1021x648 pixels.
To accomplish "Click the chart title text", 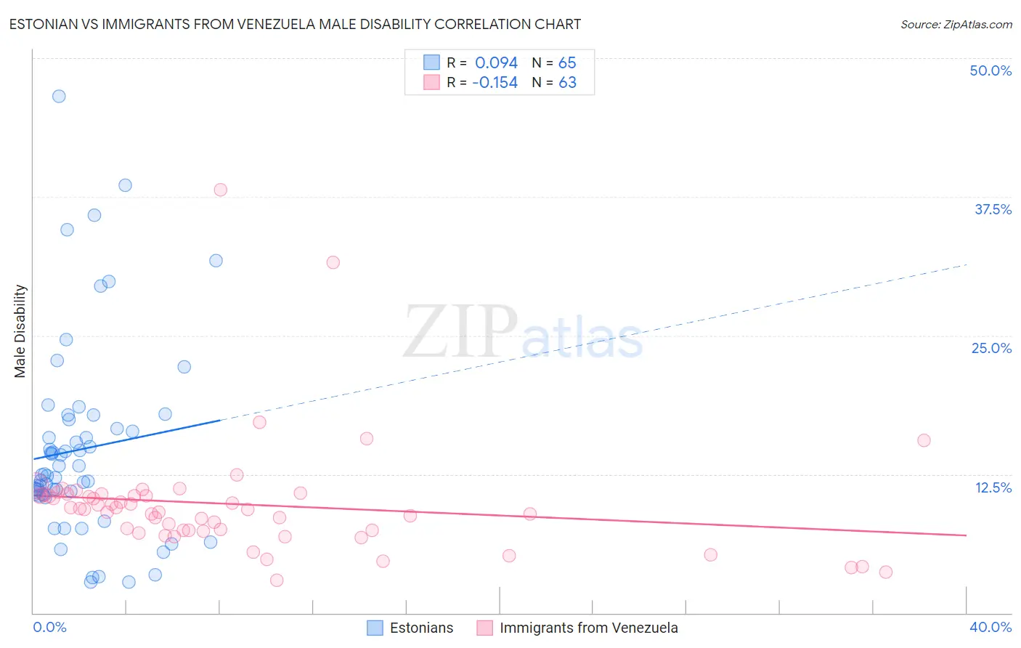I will click(295, 24).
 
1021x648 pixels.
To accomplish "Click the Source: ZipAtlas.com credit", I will click(956, 24).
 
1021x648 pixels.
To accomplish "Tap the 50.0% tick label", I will click(991, 70).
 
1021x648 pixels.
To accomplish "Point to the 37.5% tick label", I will click(993, 209).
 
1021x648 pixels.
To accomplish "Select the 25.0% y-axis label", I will click(991, 348).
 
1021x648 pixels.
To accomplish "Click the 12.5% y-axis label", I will click(993, 487).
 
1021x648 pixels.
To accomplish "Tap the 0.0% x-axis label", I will click(49, 627).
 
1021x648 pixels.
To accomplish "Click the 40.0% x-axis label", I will click(990, 627).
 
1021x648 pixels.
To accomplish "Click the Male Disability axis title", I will click(20, 331).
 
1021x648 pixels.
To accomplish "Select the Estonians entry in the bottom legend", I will click(421, 628).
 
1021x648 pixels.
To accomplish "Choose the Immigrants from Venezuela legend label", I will click(588, 628).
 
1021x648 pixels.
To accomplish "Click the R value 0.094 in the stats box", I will click(496, 63).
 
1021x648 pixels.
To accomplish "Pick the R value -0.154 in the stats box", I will click(495, 83).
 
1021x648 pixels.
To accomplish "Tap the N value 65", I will click(567, 63).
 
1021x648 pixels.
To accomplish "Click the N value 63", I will click(567, 83).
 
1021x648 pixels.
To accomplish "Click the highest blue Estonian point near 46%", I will click(59, 96).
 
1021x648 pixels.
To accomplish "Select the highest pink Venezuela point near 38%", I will click(220, 190).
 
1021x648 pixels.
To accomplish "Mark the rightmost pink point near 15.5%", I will click(924, 440).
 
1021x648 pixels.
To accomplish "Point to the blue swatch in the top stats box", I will click(431, 62).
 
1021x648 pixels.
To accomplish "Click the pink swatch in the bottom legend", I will click(484, 628).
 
